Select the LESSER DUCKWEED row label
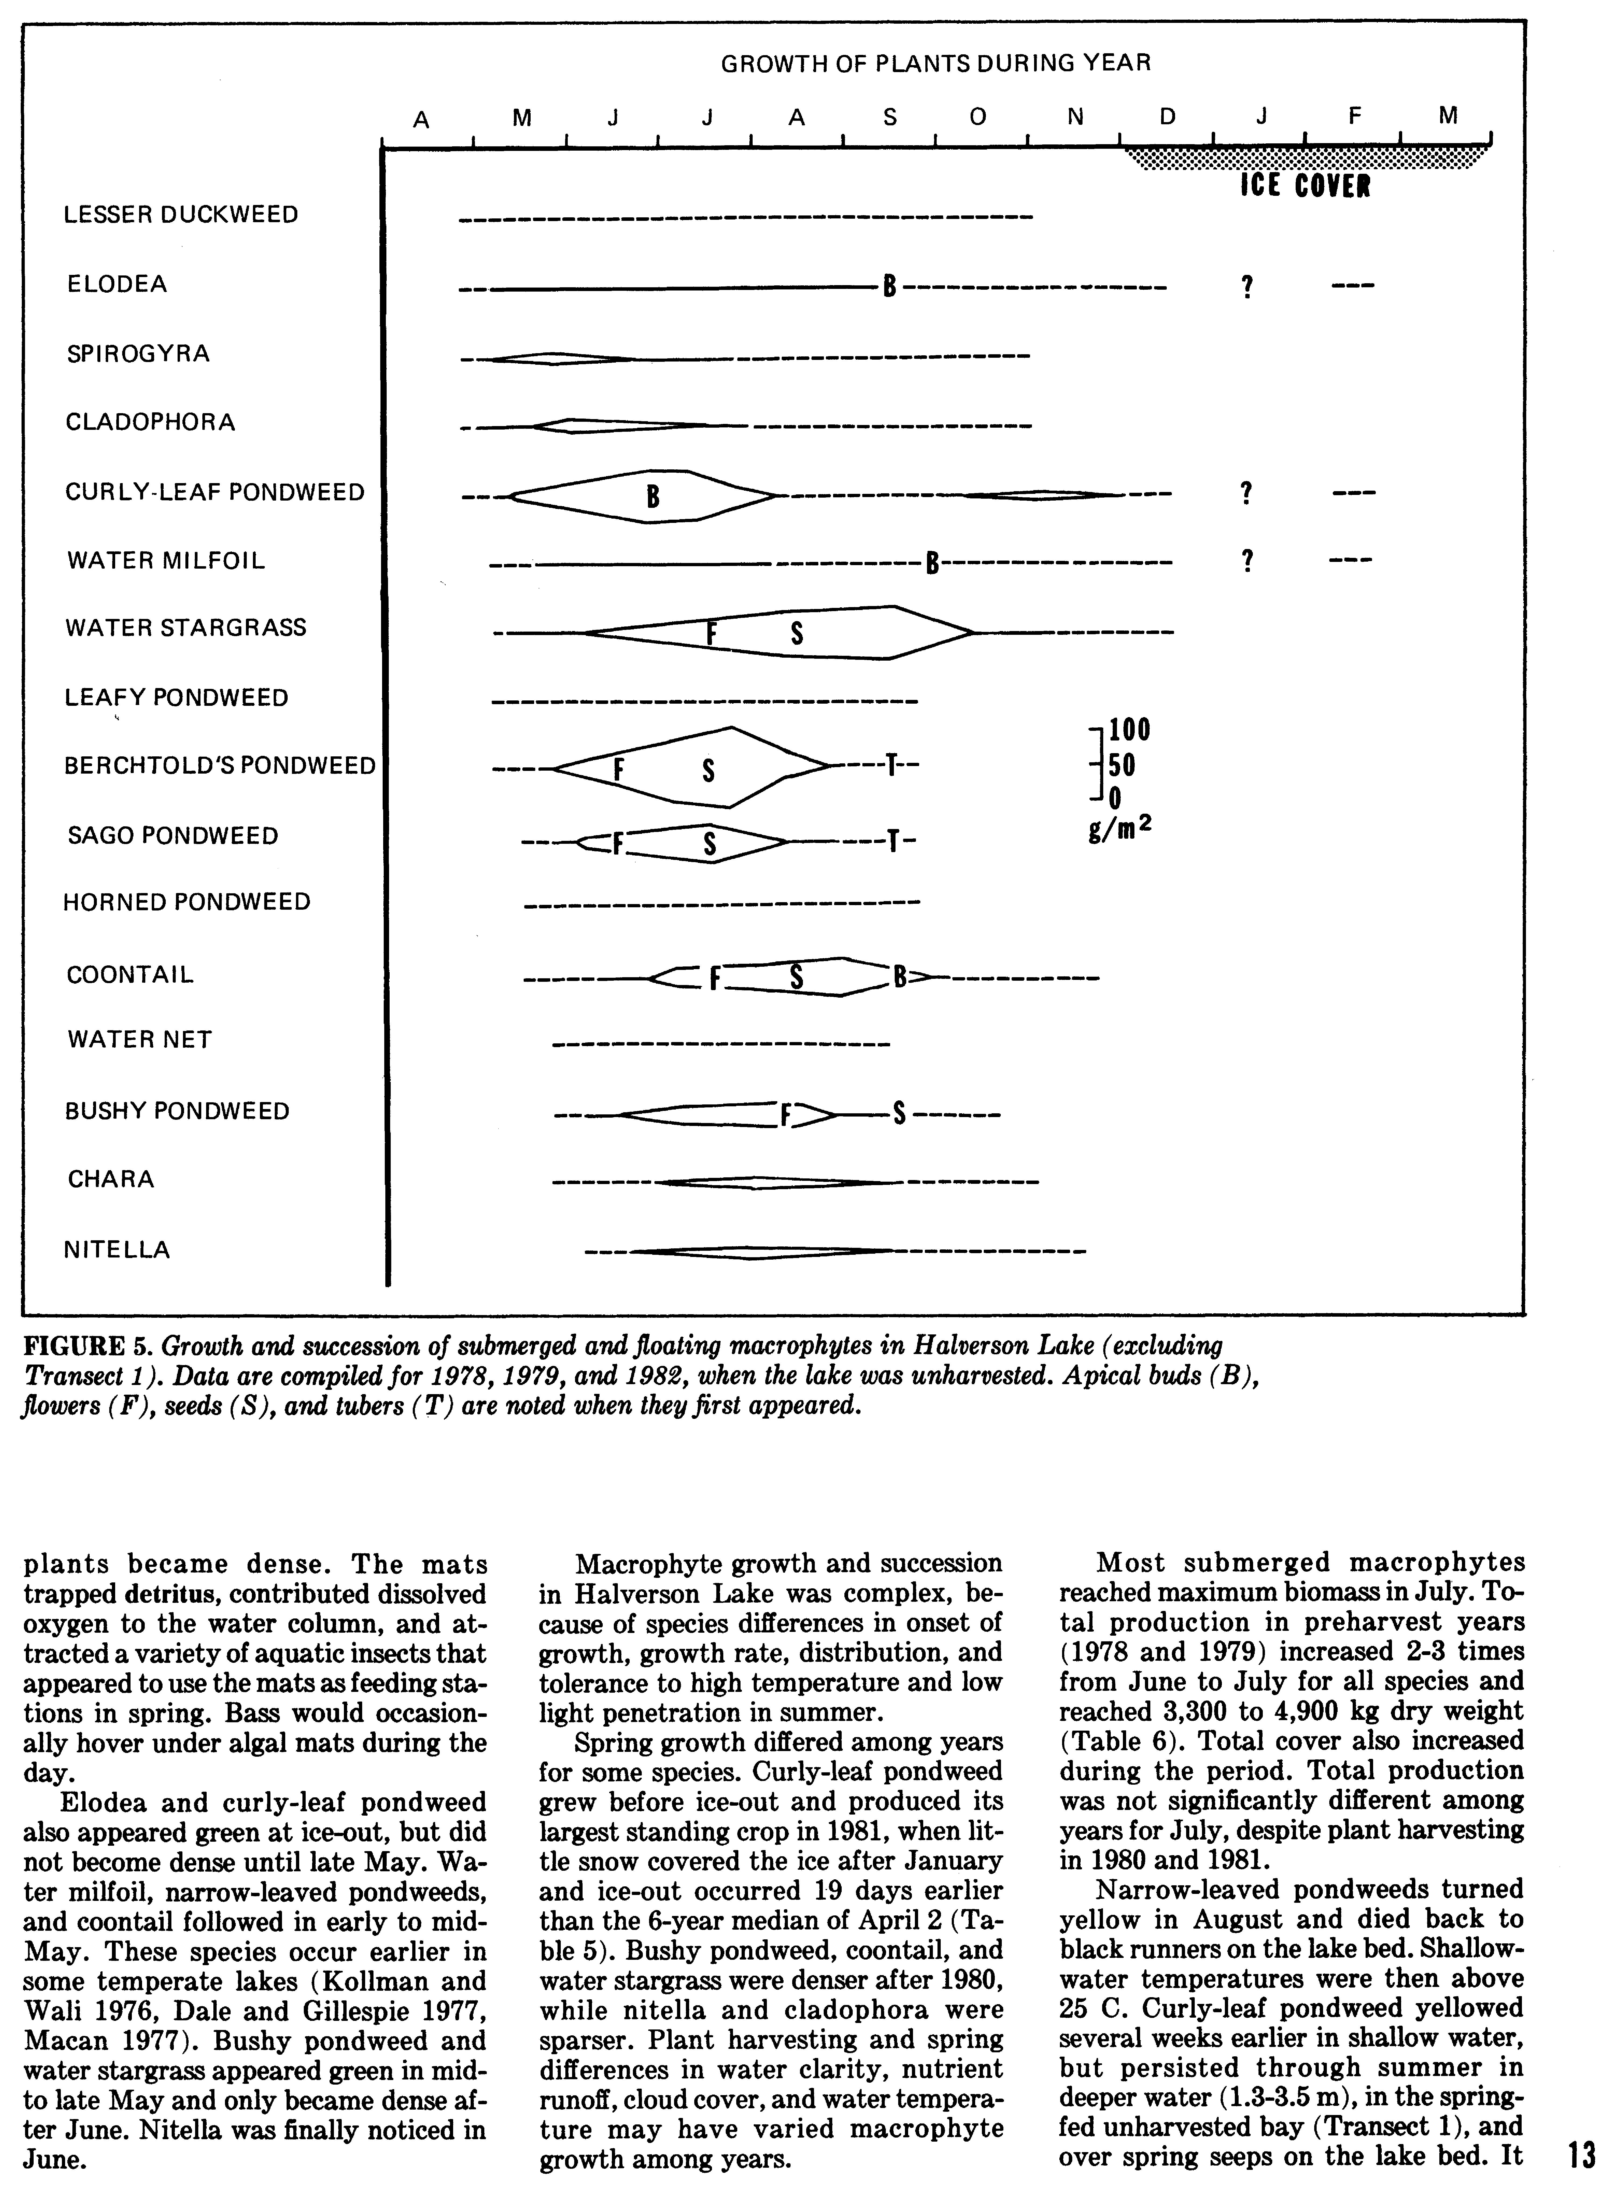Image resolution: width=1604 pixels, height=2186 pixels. pos(181,215)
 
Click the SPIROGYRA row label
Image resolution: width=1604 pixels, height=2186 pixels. pos(138,353)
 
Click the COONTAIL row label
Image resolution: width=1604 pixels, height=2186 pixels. pos(130,975)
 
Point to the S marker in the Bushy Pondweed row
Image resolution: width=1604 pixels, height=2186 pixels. pos(899,1114)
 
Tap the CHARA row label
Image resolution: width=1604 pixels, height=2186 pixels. pos(111,1179)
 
